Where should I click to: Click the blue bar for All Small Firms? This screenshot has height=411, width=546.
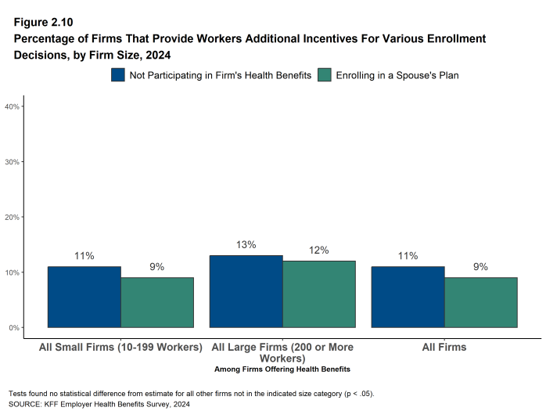tap(84, 297)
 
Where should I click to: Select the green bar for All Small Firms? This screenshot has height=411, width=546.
tap(156, 302)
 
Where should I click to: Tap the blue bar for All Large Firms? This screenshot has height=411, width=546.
tap(246, 291)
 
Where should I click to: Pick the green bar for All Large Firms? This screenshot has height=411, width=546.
tap(318, 294)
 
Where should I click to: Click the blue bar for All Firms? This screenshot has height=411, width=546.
tap(408, 297)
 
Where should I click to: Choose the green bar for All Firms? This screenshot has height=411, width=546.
tap(480, 302)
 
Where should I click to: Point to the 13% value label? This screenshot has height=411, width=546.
tap(246, 245)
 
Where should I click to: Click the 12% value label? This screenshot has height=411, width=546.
tap(318, 251)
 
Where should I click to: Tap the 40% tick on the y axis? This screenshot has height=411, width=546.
tap(13, 106)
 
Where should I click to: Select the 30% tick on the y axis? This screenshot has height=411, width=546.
tap(13, 162)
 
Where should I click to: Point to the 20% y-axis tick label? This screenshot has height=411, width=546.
tap(13, 217)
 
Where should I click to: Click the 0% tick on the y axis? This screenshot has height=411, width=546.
tap(14, 327)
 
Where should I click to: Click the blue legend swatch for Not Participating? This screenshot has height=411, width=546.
tap(119, 75)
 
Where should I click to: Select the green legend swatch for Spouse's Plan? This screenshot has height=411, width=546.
tap(325, 75)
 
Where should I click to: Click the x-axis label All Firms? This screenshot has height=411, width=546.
tap(444, 347)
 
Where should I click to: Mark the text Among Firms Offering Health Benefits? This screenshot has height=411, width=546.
tap(282, 369)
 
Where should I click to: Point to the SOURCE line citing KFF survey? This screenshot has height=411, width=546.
tap(99, 404)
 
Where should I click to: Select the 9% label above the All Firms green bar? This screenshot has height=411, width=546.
tap(480, 267)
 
